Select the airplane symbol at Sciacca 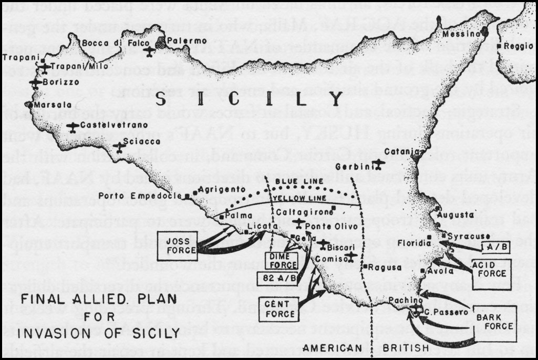pyautogui.click(x=120, y=147)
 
